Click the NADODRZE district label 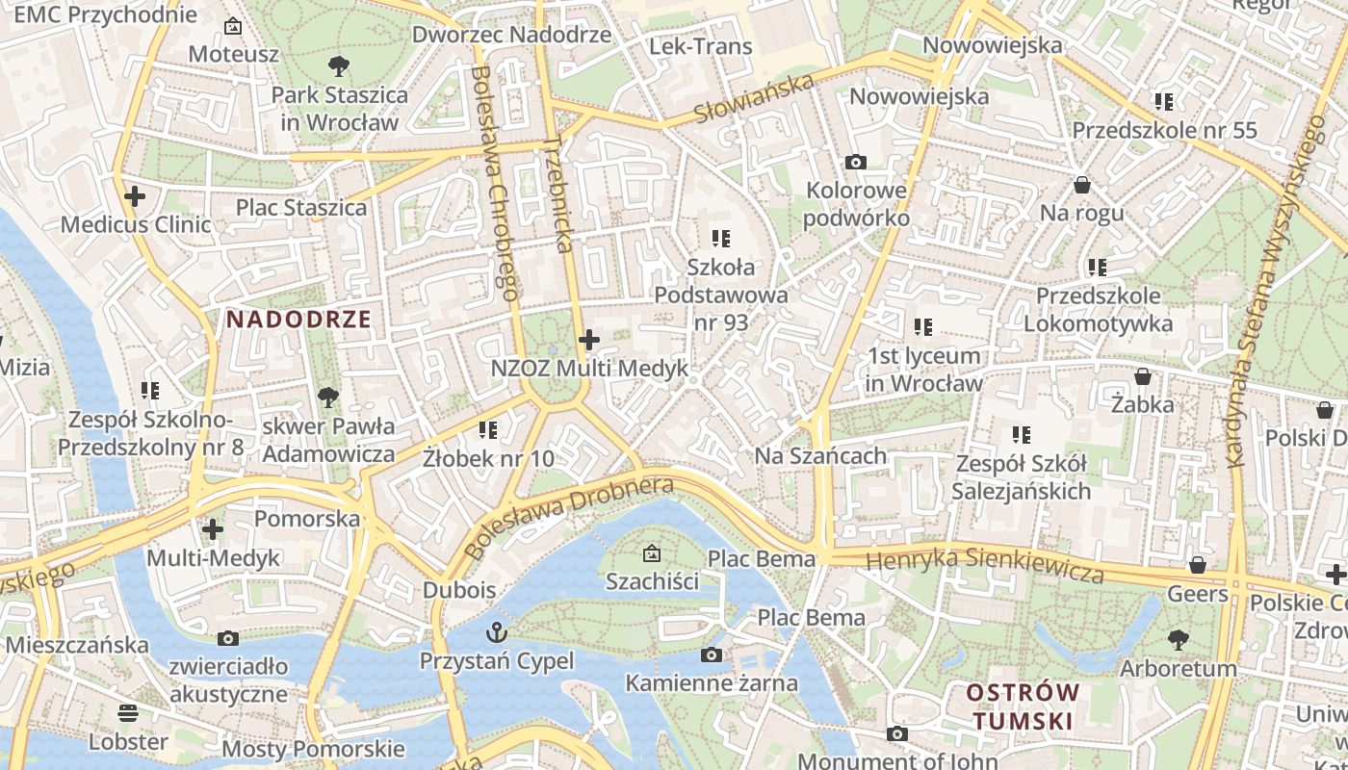[x=298, y=320]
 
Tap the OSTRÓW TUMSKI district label [x=1022, y=706]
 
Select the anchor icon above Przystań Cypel [x=496, y=632]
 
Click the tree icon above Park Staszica [x=338, y=66]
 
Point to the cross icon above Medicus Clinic [x=135, y=197]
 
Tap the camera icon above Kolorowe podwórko [x=855, y=162]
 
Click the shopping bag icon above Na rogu [x=1082, y=185]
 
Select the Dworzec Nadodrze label [x=511, y=35]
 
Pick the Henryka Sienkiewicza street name [x=984, y=565]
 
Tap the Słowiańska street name [x=753, y=100]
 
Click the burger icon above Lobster [x=128, y=713]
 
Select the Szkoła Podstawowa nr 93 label [x=721, y=295]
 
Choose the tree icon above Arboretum [x=1178, y=639]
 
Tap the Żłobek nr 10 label [x=488, y=458]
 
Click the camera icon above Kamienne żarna [x=712, y=655]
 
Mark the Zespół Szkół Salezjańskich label [x=1021, y=477]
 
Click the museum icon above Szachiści [x=652, y=553]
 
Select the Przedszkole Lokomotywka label [x=1098, y=309]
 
